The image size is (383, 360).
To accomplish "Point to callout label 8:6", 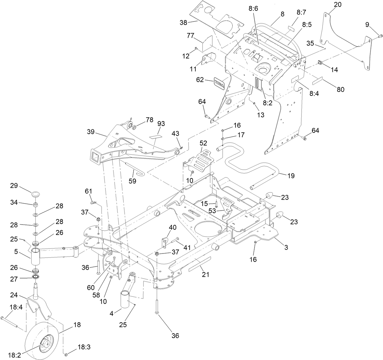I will click(x=253, y=9).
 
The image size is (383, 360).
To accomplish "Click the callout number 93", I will click(x=161, y=124).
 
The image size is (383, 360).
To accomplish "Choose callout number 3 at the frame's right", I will click(x=286, y=247).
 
